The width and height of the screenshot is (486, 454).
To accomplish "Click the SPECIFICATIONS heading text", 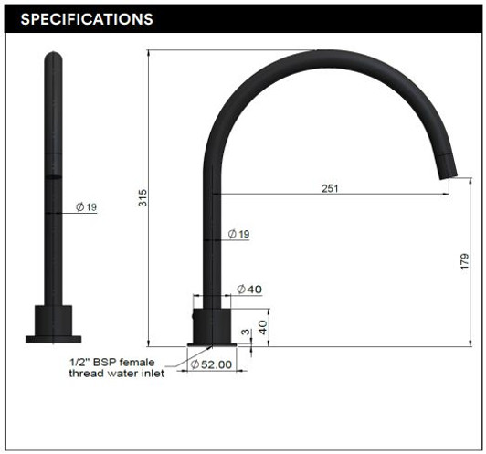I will click(x=87, y=19).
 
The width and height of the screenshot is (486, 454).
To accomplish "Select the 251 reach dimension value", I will click(x=330, y=188).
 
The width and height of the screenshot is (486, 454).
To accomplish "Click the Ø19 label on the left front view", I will click(x=87, y=207).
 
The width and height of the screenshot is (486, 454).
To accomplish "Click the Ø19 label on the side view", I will click(x=238, y=235).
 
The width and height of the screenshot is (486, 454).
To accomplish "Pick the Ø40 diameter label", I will click(x=249, y=290).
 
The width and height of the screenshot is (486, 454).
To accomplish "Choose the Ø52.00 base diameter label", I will click(x=213, y=364).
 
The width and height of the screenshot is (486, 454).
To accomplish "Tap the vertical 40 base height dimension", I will click(x=263, y=327).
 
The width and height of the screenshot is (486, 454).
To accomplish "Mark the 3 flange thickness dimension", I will click(x=245, y=334).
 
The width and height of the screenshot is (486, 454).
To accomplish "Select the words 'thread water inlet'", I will click(x=117, y=375).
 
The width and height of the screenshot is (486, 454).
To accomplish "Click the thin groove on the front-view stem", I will click(x=53, y=174).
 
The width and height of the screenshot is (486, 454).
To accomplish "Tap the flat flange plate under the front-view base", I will click(x=53, y=339).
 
